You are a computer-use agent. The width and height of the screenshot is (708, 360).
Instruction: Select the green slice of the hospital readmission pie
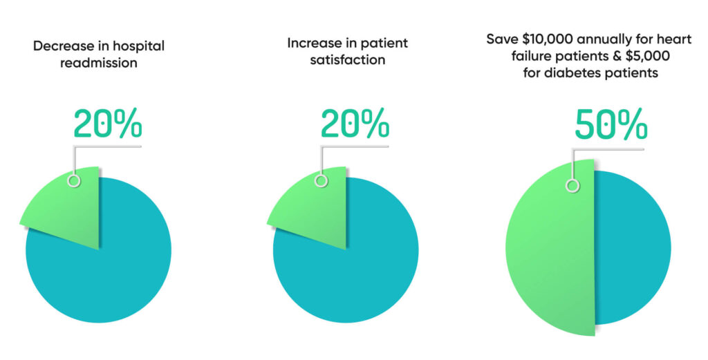pos(66,207)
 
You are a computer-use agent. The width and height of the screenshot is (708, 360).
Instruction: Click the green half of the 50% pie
pos(550,249)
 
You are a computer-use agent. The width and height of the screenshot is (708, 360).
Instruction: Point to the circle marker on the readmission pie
pos(73,181)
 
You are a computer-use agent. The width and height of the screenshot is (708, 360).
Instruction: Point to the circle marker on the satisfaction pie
pos(320,181)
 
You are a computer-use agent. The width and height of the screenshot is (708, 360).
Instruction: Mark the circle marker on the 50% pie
pos(572,185)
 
